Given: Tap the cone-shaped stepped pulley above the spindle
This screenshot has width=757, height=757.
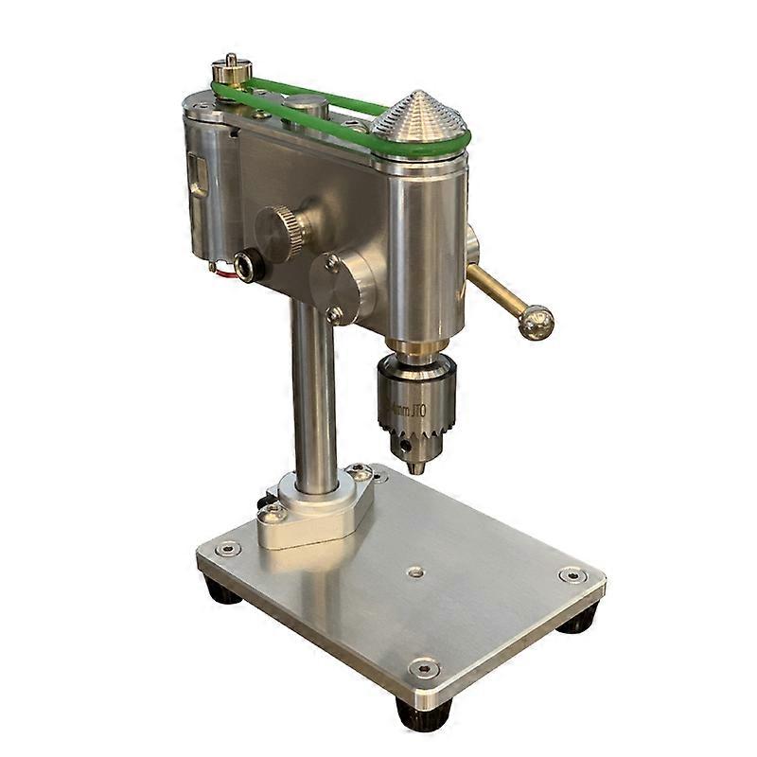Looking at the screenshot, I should (419, 118).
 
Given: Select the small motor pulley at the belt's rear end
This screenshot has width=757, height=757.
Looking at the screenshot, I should (231, 69).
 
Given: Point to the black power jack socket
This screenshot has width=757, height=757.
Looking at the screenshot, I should (249, 266).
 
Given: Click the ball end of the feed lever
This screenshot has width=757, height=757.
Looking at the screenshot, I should (536, 322).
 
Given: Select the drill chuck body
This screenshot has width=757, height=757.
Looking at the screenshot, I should (416, 397).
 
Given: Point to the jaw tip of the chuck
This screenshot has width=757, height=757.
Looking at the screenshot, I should (415, 467).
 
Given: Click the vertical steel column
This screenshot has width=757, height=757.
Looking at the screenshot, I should (314, 397).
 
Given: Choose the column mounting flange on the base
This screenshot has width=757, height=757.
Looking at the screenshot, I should (312, 511).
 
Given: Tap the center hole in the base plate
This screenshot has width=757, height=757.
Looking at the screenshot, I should (414, 572).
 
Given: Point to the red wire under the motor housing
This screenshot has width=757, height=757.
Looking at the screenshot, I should (224, 273).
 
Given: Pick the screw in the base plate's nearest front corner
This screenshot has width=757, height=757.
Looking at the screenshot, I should (423, 668).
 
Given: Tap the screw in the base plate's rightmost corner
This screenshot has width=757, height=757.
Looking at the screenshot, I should (572, 574).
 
